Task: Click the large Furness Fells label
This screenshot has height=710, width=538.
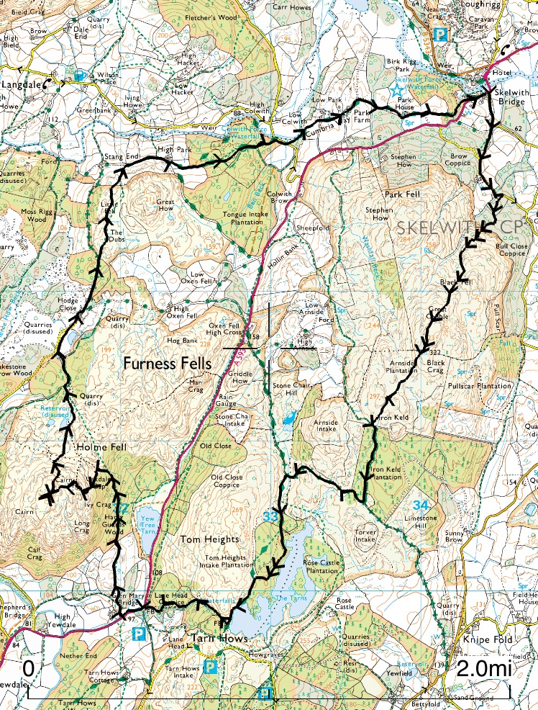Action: click(168, 364)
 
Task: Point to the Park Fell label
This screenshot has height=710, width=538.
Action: click(401, 194)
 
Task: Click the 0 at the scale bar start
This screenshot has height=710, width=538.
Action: click(29, 668)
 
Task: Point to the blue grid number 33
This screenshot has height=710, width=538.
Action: click(270, 516)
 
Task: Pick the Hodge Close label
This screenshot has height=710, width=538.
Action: click(67, 304)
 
